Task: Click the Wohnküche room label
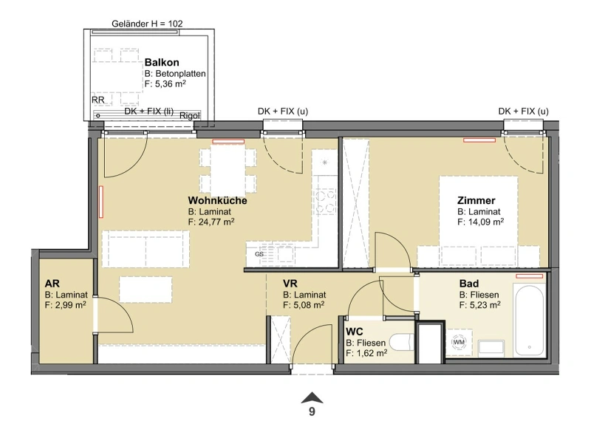click(x=217, y=200)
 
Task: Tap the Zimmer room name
click(x=476, y=200)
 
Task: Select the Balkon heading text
click(x=162, y=62)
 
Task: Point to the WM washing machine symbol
click(x=459, y=342)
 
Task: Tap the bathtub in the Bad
click(x=529, y=320)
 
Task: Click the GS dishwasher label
click(x=259, y=254)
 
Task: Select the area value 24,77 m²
click(x=211, y=222)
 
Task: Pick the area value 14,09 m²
click(x=481, y=222)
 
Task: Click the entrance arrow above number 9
click(x=312, y=397)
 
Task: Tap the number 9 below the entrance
click(x=312, y=411)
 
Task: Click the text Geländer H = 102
click(x=147, y=24)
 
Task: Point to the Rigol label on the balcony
click(x=190, y=115)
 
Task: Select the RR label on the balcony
click(x=98, y=100)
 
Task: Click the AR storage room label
click(x=52, y=284)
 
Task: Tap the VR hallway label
click(x=290, y=284)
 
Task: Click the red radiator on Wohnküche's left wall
click(x=101, y=202)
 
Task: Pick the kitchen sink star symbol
click(x=324, y=162)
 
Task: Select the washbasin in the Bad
click(x=491, y=348)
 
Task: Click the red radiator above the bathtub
click(x=530, y=276)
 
